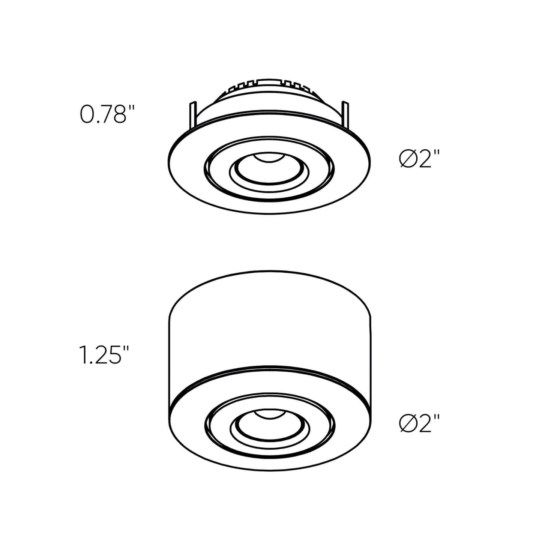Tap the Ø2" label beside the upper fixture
[x=419, y=159]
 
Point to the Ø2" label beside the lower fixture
[x=419, y=424]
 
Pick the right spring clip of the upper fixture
[x=345, y=114]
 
